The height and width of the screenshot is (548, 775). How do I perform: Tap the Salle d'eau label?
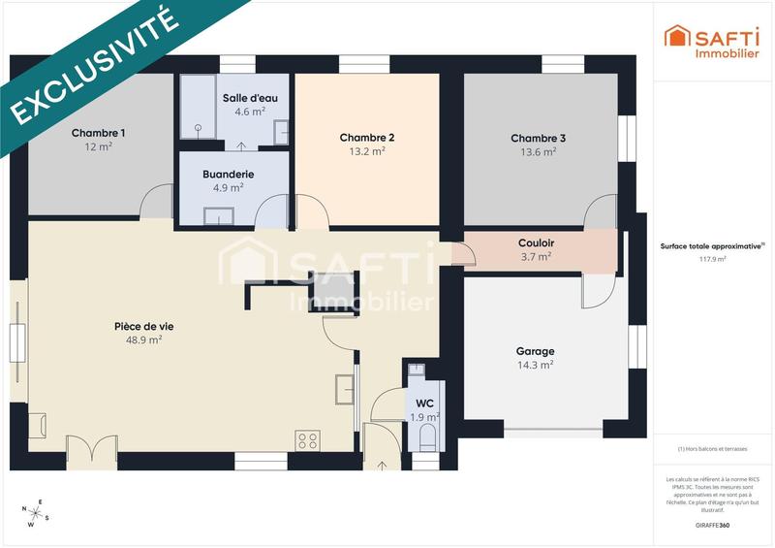point(249,98)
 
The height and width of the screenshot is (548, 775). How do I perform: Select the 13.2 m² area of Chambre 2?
point(367,151)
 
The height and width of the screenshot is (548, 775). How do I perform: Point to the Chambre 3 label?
point(538,138)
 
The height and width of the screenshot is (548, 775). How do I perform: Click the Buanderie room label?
point(229,174)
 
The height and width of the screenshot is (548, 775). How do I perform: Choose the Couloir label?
point(536,242)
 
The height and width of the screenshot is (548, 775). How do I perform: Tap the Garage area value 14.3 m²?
point(535,366)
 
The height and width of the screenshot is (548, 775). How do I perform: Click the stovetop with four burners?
point(308,440)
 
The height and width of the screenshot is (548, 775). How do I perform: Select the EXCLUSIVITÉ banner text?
point(97,66)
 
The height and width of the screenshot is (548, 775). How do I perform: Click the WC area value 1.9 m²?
point(424,417)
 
